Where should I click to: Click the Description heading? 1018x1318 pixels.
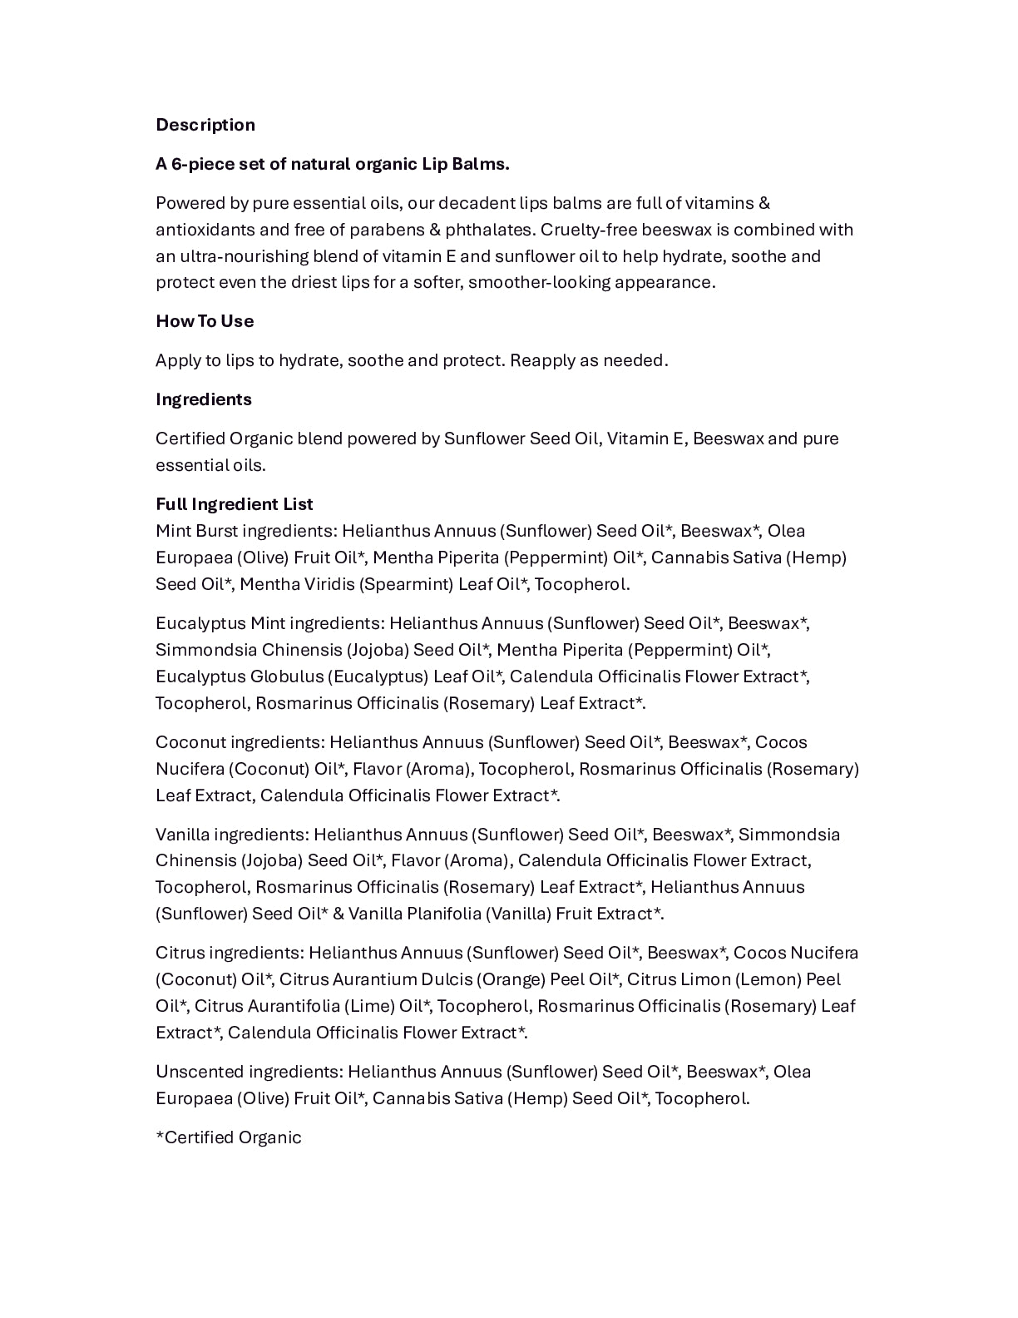point(205,125)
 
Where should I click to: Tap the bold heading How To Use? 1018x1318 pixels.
point(205,321)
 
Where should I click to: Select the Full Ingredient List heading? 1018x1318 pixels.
point(235,504)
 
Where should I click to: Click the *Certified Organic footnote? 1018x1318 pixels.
point(229,1137)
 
